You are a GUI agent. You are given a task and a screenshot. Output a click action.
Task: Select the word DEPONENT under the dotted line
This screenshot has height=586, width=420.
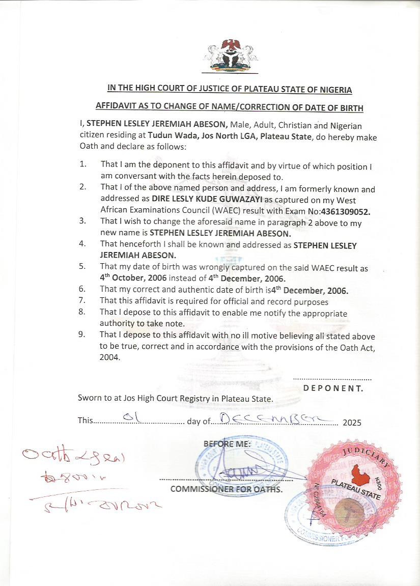point(333,388)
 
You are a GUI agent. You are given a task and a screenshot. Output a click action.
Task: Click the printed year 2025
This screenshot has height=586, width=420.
point(352,423)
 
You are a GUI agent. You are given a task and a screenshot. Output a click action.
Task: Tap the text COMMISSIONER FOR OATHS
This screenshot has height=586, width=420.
point(227,490)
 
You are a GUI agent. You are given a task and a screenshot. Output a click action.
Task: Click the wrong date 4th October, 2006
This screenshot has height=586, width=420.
point(133,278)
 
